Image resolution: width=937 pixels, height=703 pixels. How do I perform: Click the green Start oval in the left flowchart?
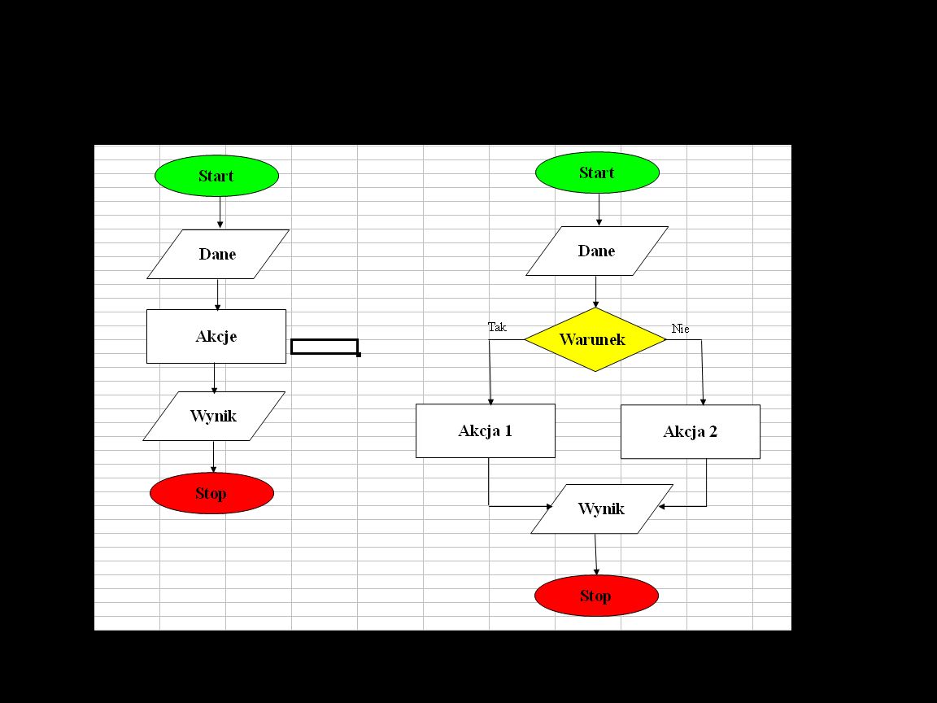pyautogui.click(x=216, y=176)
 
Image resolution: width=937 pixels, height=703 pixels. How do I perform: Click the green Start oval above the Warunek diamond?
pyautogui.click(x=597, y=172)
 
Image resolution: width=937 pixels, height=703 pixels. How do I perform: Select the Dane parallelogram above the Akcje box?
pyautogui.click(x=218, y=254)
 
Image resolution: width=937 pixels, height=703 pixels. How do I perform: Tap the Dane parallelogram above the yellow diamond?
pyautogui.click(x=597, y=251)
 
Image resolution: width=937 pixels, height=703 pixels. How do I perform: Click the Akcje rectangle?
pyautogui.click(x=216, y=336)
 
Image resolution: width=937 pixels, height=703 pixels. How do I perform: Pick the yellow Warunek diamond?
pyautogui.click(x=595, y=339)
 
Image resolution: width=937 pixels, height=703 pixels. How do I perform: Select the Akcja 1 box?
pyautogui.click(x=486, y=430)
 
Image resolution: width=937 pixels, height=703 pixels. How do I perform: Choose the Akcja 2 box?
pyautogui.click(x=691, y=432)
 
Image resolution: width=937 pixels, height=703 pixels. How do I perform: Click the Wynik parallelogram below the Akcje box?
pyautogui.click(x=214, y=416)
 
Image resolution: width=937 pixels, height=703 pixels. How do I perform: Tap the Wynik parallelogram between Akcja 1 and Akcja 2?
pyautogui.click(x=602, y=509)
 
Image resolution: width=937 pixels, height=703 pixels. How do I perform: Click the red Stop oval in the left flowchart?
pyautogui.click(x=211, y=493)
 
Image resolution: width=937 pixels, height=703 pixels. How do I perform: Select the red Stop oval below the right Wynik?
pyautogui.click(x=596, y=596)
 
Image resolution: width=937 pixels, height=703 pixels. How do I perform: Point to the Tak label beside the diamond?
pyautogui.click(x=497, y=327)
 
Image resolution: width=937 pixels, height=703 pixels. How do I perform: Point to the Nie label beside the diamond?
pyautogui.click(x=681, y=329)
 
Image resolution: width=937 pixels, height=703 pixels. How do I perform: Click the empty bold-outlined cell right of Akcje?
pyautogui.click(x=325, y=347)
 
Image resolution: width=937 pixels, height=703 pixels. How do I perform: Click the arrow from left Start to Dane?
pyautogui.click(x=220, y=212)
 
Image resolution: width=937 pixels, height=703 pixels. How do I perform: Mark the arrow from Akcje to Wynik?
pyautogui.click(x=215, y=378)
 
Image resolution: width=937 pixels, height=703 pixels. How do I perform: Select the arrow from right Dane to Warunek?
pyautogui.click(x=596, y=291)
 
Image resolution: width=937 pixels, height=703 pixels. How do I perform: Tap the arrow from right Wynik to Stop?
pyautogui.click(x=595, y=554)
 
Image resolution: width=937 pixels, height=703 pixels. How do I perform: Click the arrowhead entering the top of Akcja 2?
pyautogui.click(x=704, y=401)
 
